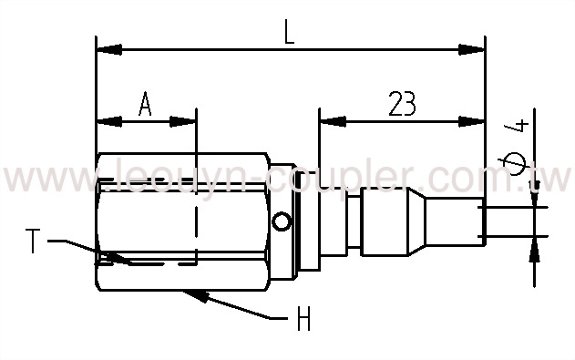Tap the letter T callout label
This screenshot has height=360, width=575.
click(x=33, y=242)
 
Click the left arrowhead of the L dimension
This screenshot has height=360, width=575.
click(x=105, y=49)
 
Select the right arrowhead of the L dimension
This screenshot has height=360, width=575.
click(x=475, y=49)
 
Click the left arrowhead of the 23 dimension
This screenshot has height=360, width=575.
click(x=328, y=120)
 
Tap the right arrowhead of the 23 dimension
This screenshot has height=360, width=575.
click(x=475, y=120)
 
